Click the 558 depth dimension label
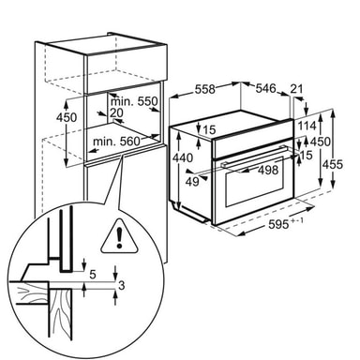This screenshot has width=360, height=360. click(205, 89)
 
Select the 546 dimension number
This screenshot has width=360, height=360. click(266, 88)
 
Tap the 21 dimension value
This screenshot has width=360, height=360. click(296, 89)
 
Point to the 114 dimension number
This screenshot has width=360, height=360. click(307, 126)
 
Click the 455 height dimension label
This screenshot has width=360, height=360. click(333, 164)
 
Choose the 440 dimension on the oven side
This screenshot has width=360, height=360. click(183, 157)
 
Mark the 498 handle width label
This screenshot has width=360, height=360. click(268, 170)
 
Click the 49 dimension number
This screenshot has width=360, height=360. click(192, 181)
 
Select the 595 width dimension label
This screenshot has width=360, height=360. click(278, 224)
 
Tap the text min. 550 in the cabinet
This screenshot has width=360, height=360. click(134, 101)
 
